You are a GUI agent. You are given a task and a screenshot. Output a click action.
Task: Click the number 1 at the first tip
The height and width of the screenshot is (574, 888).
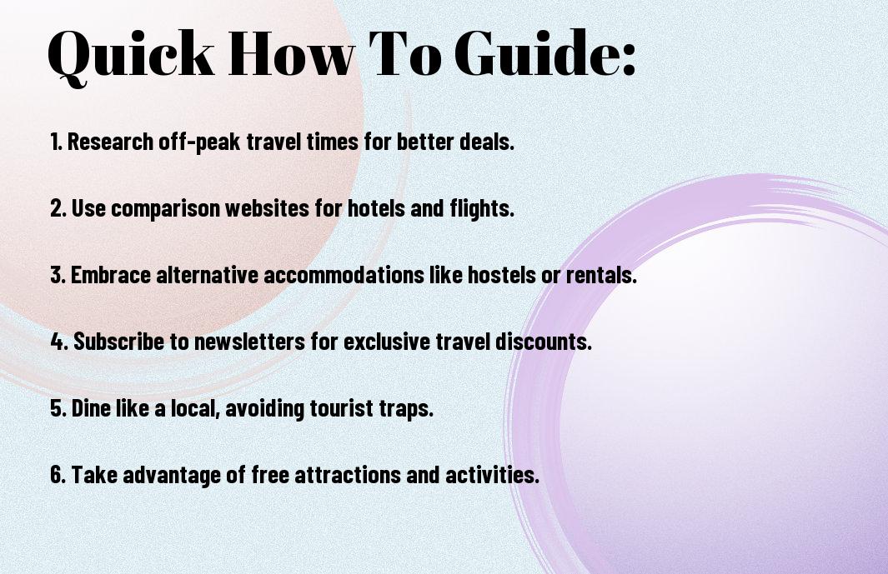(56, 142)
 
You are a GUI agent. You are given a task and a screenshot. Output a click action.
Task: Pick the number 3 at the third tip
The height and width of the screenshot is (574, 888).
(58, 275)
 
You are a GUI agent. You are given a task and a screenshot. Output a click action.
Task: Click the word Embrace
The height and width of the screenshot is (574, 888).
(111, 275)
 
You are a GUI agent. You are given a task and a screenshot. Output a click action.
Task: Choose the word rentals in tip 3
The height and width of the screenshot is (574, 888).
(601, 275)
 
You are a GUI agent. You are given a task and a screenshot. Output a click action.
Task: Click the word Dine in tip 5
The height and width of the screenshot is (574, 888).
(91, 408)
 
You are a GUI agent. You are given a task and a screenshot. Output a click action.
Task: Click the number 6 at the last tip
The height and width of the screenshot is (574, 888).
(58, 474)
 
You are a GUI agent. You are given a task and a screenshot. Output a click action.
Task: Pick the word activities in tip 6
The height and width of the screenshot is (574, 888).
(492, 474)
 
